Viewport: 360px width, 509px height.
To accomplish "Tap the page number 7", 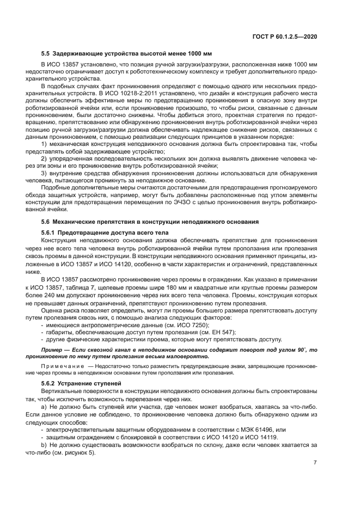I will pos(315,463).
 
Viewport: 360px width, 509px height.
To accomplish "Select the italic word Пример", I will pos(52,349).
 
